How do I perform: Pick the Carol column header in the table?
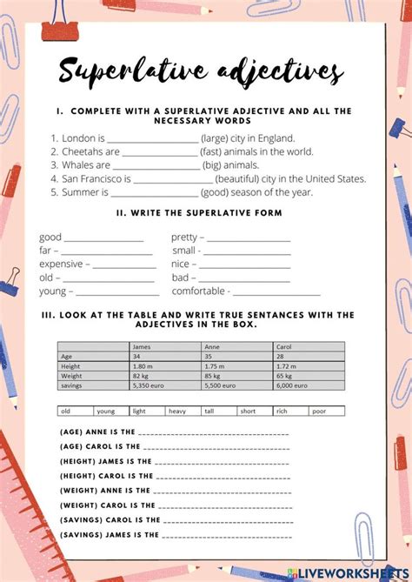tap(282, 346)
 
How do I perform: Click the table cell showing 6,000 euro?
tap(289, 385)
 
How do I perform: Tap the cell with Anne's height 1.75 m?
tap(215, 365)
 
